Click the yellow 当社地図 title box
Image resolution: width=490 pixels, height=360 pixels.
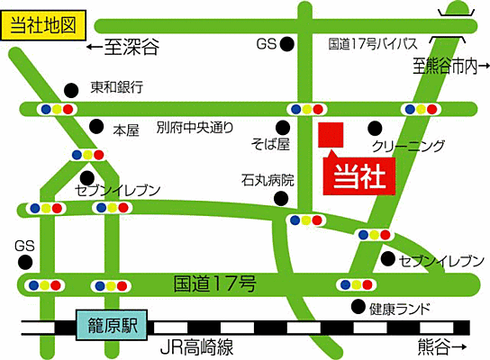pyautogui.click(x=40, y=24)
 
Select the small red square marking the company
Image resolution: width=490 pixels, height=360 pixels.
pyautogui.click(x=331, y=134)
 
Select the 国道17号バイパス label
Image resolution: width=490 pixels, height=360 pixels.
pyautogui.click(x=373, y=43)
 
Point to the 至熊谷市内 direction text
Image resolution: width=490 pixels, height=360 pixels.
pyautogui.click(x=449, y=66)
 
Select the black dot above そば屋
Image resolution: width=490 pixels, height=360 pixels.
pyautogui.click(x=284, y=126)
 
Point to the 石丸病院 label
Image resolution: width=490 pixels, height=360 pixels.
pyautogui.click(x=268, y=180)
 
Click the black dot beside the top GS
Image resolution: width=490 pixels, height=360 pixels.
pyautogui.click(x=287, y=43)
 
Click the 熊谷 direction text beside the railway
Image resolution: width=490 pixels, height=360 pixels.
pyautogui.click(x=442, y=346)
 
